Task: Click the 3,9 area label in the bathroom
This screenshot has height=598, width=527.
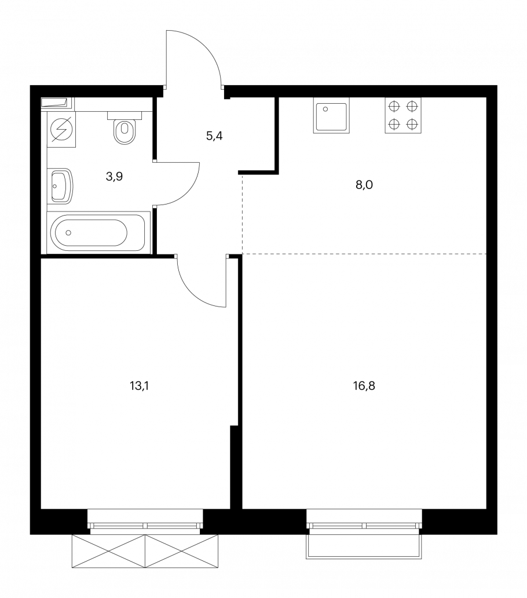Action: [114, 177]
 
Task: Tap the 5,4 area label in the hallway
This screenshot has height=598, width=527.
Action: [214, 136]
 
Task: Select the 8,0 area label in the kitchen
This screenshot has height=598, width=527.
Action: [364, 185]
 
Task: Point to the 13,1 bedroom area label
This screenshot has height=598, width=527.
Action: [139, 386]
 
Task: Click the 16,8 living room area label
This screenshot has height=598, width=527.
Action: [364, 386]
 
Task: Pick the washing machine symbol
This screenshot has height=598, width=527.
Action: [61, 129]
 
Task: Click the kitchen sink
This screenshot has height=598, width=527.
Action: [331, 115]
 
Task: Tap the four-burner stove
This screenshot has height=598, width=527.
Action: [402, 115]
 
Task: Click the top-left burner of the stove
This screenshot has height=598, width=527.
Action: [394, 107]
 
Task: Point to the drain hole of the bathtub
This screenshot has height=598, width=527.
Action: [68, 232]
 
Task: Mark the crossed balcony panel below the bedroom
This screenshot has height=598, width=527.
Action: [145, 551]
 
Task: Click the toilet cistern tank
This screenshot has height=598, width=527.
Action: [125, 115]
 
